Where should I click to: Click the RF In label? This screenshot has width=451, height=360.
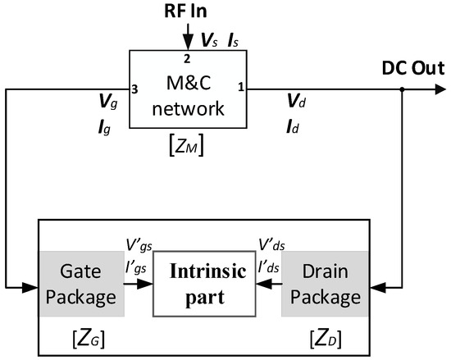pyautogui.click(x=189, y=13)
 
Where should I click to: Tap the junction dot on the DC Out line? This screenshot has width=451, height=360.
pyautogui.click(x=401, y=90)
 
